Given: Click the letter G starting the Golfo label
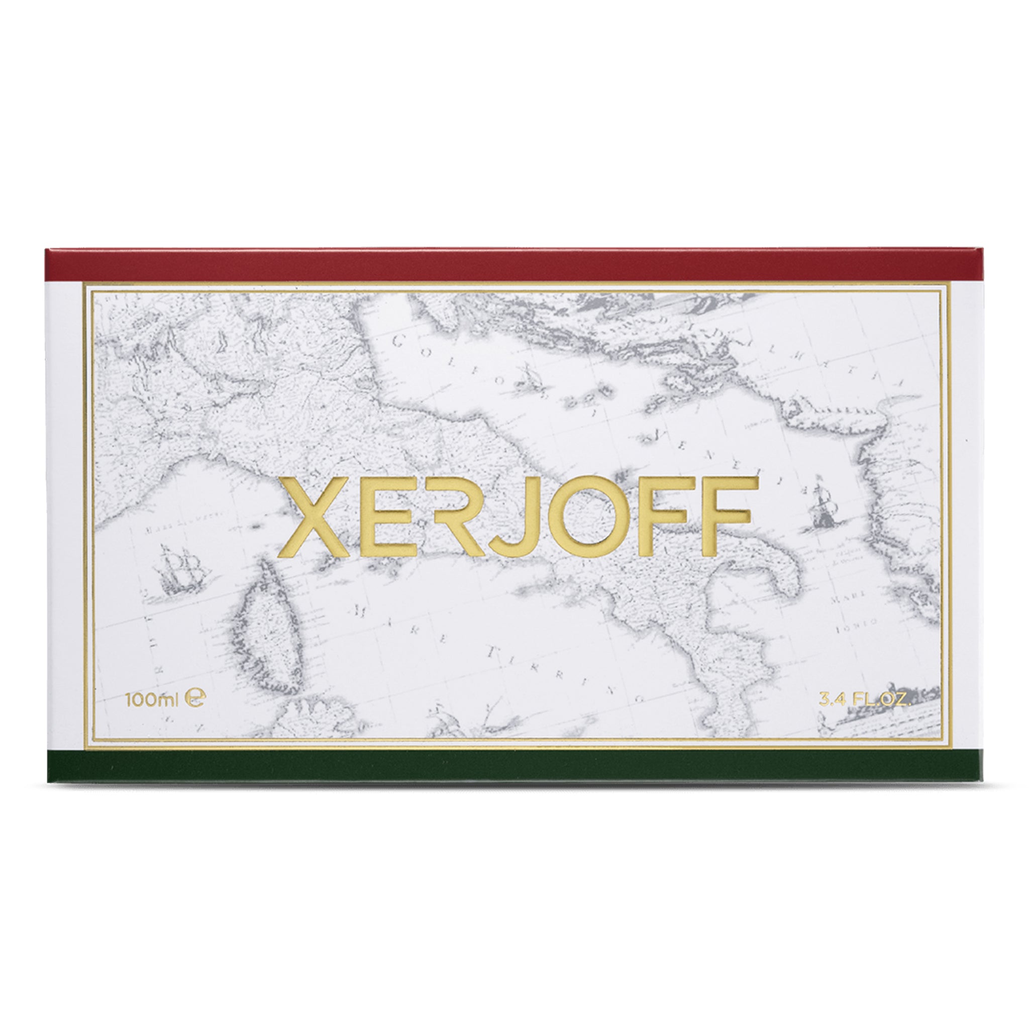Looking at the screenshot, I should point(398,342).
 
